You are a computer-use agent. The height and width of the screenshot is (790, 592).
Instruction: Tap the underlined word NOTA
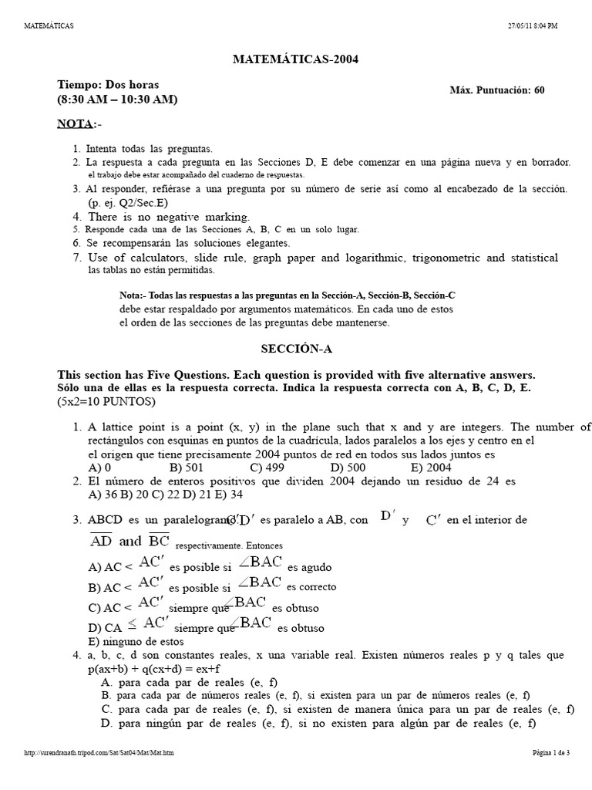pos(76,123)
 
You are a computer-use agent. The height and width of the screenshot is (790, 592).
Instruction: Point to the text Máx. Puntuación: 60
pos(496,90)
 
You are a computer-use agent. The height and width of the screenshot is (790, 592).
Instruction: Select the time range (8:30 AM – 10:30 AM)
pos(116,99)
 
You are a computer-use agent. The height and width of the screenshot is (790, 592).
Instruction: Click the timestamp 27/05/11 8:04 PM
pos(531,25)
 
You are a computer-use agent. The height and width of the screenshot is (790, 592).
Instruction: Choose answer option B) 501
pos(185,467)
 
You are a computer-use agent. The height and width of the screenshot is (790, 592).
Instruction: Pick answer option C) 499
pos(267,467)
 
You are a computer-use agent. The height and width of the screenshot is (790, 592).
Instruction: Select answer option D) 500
pos(348,467)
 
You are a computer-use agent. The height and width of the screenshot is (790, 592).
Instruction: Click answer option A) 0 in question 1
pos(100,467)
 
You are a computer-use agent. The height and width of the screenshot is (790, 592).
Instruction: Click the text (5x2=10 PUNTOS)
pos(106,402)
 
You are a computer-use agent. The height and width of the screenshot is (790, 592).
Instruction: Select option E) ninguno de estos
pos(136,641)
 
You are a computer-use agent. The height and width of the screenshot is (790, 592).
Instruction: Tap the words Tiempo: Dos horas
pos(109,84)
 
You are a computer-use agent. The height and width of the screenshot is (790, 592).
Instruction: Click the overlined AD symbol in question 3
pos(102,541)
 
